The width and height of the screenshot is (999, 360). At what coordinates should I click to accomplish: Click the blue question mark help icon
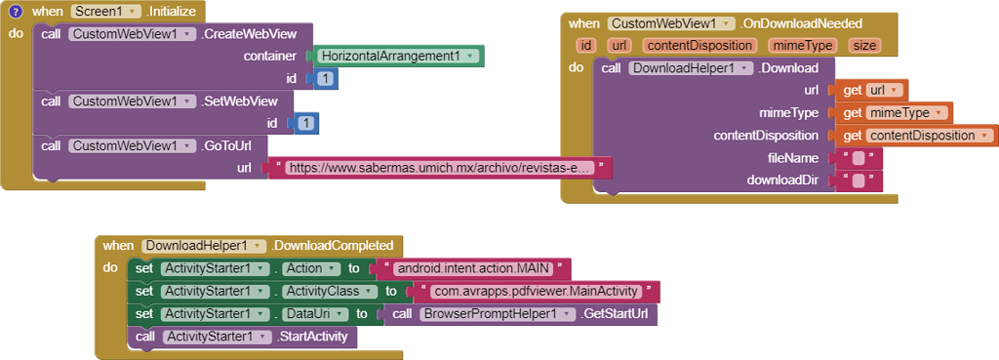15,12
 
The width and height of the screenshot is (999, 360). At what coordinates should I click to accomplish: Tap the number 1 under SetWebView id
306,123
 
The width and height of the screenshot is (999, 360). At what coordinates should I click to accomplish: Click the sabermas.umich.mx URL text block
440,168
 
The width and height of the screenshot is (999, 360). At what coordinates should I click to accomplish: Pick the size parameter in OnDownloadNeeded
863,45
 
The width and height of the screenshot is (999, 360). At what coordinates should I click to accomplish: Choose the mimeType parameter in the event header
802,45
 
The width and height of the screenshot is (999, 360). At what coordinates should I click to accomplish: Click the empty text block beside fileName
857,158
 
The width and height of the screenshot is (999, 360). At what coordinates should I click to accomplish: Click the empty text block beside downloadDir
857,180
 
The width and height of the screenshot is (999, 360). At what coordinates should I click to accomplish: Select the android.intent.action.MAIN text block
472,268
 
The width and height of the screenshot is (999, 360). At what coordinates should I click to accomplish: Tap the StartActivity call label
317,337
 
